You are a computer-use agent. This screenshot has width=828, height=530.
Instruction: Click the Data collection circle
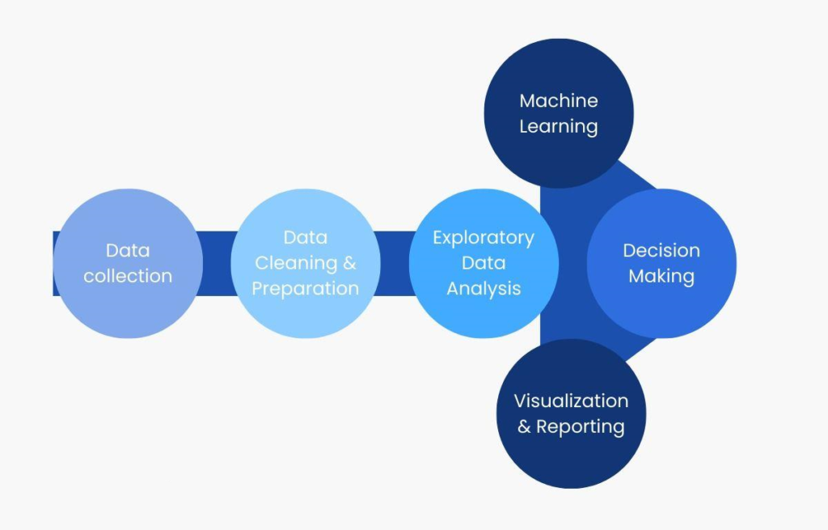(x=129, y=263)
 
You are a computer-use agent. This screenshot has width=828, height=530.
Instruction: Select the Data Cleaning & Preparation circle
(x=306, y=263)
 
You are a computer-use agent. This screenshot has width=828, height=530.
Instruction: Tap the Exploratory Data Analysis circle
(x=484, y=263)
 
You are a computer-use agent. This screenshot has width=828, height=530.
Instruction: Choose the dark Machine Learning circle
(x=559, y=113)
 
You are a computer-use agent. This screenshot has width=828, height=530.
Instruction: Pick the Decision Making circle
(x=661, y=263)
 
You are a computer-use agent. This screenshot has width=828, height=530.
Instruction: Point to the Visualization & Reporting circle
(x=572, y=413)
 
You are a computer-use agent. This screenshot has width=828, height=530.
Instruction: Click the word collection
(x=128, y=276)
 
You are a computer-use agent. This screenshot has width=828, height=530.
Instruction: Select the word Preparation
(x=305, y=289)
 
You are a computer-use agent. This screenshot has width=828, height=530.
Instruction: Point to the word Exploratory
(x=484, y=239)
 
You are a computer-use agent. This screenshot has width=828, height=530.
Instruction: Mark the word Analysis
(x=484, y=289)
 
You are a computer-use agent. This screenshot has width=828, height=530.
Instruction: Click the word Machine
(x=559, y=100)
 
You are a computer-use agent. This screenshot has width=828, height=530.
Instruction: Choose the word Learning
(x=559, y=126)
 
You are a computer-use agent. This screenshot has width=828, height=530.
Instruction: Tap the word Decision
(x=661, y=251)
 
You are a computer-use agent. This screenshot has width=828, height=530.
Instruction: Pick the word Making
(x=661, y=277)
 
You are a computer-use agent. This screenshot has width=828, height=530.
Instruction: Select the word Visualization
(x=572, y=401)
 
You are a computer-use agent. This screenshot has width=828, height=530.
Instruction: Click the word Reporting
(x=581, y=426)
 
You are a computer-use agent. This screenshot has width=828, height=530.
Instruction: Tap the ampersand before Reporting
(x=524, y=426)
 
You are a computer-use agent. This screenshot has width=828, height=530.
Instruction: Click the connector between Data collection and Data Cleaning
(x=217, y=263)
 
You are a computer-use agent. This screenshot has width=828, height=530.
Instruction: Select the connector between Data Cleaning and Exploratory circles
(x=395, y=263)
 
